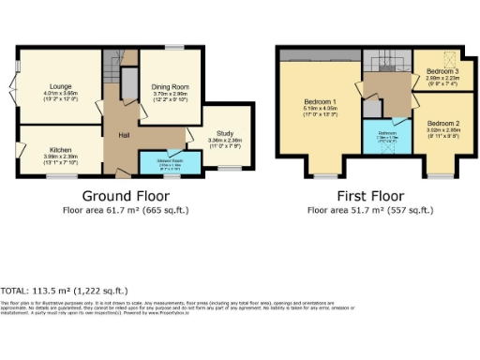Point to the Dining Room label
[170, 87]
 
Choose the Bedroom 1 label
[320, 101]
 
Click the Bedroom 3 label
[441, 72]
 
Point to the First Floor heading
[369, 196]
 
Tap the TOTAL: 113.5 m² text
[64, 292]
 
